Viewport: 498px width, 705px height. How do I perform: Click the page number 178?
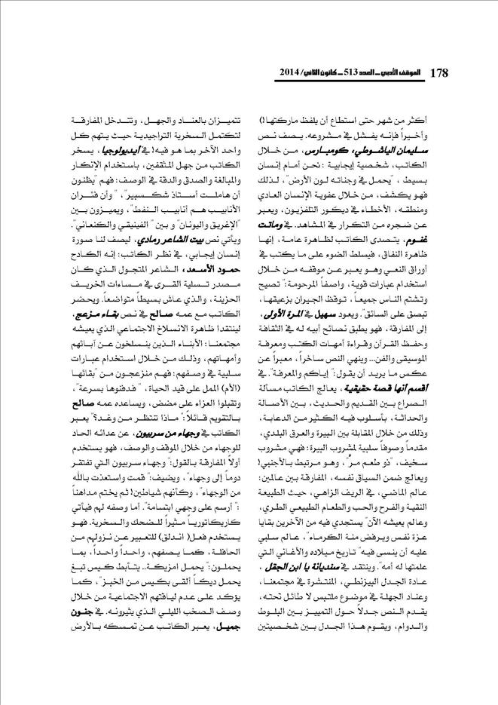(438, 72)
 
